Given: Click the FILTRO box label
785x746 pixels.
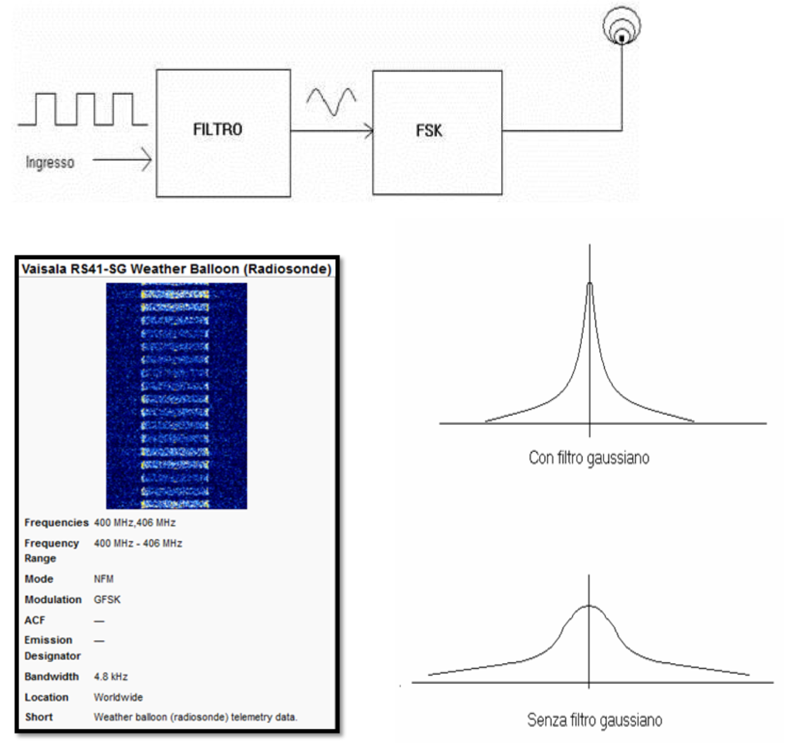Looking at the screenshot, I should click(218, 130).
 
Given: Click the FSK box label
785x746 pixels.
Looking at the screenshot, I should click(429, 131).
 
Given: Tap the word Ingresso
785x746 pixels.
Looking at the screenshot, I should click(50, 162).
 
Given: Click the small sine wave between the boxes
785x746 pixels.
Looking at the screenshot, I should click(331, 101).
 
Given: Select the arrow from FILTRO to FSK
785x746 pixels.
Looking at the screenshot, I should click(332, 131).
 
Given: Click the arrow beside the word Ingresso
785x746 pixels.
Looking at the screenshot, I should click(122, 160).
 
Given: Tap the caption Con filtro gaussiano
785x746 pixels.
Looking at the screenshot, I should click(589, 458).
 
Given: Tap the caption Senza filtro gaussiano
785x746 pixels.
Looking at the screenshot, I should click(595, 720).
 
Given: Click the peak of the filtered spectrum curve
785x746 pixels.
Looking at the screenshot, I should click(590, 285).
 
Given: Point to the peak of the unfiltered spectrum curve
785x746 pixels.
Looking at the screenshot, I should click(589, 606).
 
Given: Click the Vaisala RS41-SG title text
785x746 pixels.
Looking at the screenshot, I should click(176, 269).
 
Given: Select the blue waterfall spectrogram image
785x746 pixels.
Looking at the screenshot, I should click(176, 396).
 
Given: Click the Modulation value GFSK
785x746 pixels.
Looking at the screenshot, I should click(107, 600).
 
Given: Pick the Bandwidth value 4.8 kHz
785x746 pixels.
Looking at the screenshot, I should click(111, 677).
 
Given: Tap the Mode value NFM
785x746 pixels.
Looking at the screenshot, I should click(104, 579).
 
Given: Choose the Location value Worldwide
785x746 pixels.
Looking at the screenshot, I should click(118, 697).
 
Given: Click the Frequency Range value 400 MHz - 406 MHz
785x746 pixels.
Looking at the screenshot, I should click(138, 543).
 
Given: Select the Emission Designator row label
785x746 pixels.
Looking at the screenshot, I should click(53, 648).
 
